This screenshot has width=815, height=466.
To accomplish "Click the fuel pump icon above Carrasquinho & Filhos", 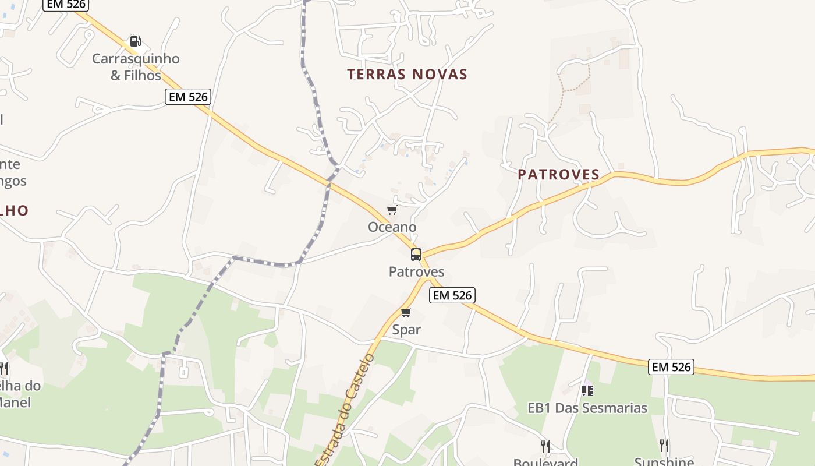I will [x=135, y=41].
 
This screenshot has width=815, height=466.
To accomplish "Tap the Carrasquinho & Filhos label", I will [x=136, y=67].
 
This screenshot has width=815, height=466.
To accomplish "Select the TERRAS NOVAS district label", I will [x=408, y=75].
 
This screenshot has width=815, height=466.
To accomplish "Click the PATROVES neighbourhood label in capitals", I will [x=558, y=174].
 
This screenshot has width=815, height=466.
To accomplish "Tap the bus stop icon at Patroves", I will [x=416, y=254].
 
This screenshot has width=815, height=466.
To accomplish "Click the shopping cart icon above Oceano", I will [x=392, y=210].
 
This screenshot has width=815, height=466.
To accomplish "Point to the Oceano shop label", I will [x=392, y=227].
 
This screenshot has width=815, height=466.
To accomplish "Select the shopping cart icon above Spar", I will [x=406, y=312].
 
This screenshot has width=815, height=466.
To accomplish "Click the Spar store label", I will [x=406, y=330].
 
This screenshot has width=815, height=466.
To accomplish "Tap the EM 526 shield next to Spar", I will [x=452, y=295].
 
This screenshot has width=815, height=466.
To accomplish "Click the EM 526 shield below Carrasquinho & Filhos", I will [x=187, y=97].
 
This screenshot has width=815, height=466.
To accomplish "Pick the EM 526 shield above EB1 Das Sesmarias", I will [x=672, y=367].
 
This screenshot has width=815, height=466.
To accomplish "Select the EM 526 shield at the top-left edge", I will [x=65, y=5].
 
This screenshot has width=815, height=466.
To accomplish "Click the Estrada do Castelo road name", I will [x=345, y=408].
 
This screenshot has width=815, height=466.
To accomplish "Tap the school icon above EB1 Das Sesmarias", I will [x=587, y=390].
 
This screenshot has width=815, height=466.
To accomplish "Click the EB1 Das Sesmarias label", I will [x=587, y=408].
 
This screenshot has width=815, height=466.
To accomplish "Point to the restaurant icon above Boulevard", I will [x=545, y=446].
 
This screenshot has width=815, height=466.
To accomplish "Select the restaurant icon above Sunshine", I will [x=664, y=446].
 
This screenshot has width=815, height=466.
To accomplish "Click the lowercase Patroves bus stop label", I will [x=416, y=271].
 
